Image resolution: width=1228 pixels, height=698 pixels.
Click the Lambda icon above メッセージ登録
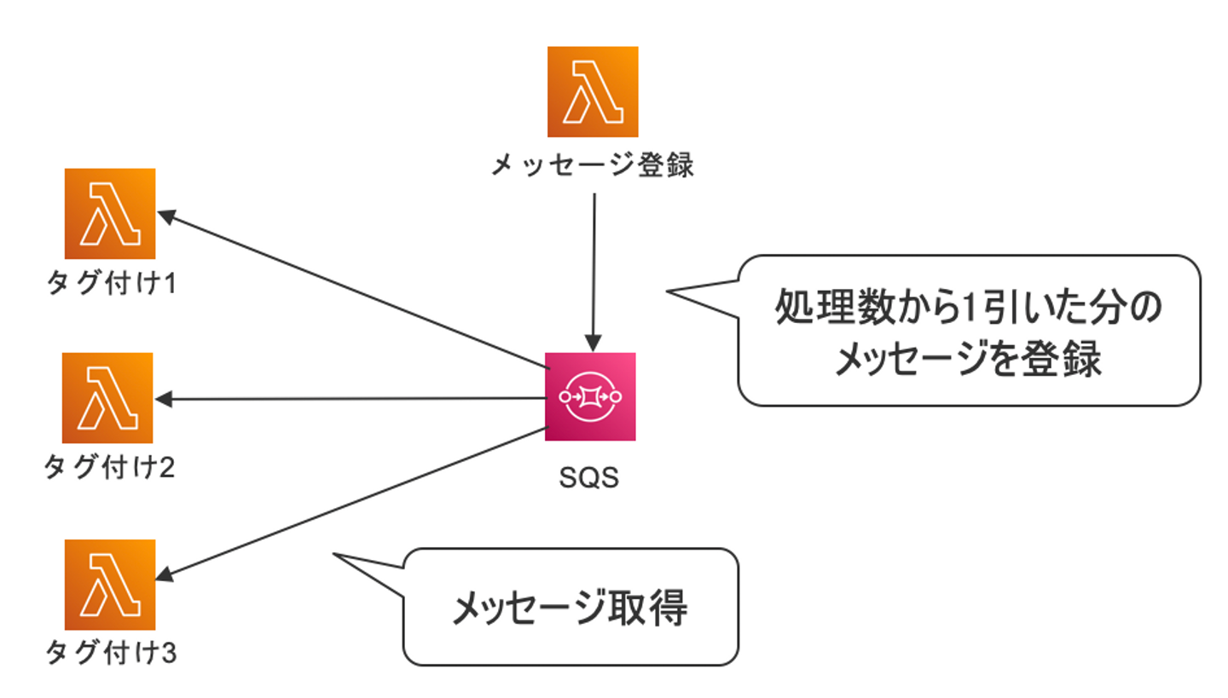tap(592, 92)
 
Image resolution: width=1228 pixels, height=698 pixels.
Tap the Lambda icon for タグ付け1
tap(110, 213)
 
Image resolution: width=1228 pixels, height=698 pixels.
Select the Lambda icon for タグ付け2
tap(107, 398)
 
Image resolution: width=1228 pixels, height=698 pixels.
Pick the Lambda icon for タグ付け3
tap(110, 585)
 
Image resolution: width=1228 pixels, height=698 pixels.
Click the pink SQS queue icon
tap(590, 397)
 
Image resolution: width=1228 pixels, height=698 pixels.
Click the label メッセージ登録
tap(593, 165)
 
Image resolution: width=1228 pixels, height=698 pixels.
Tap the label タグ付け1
tap(111, 284)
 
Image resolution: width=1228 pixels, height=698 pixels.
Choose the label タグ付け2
tap(109, 468)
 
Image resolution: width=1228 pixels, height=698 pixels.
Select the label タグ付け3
tap(111, 654)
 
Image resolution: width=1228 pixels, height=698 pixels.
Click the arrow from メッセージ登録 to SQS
tap(594, 264)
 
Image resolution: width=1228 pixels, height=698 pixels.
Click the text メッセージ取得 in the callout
tap(569, 608)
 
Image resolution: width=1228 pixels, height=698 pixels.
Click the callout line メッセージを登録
tap(967, 358)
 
